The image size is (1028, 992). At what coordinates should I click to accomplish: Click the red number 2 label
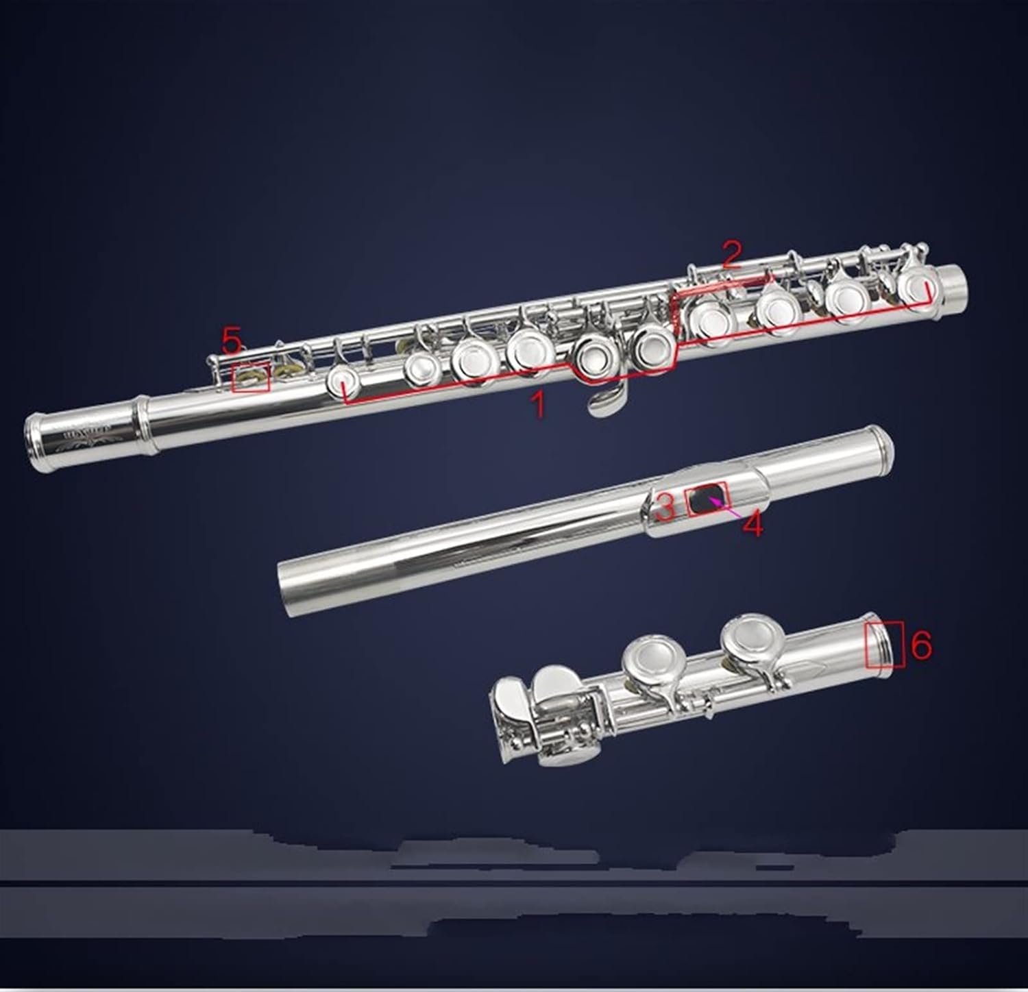[x=731, y=255]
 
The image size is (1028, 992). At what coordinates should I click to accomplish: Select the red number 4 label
[x=752, y=525]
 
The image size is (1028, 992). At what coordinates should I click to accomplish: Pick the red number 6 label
[x=922, y=645]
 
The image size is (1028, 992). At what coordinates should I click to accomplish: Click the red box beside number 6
[x=885, y=645]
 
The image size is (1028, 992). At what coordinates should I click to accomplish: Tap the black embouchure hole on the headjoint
[x=706, y=499]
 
